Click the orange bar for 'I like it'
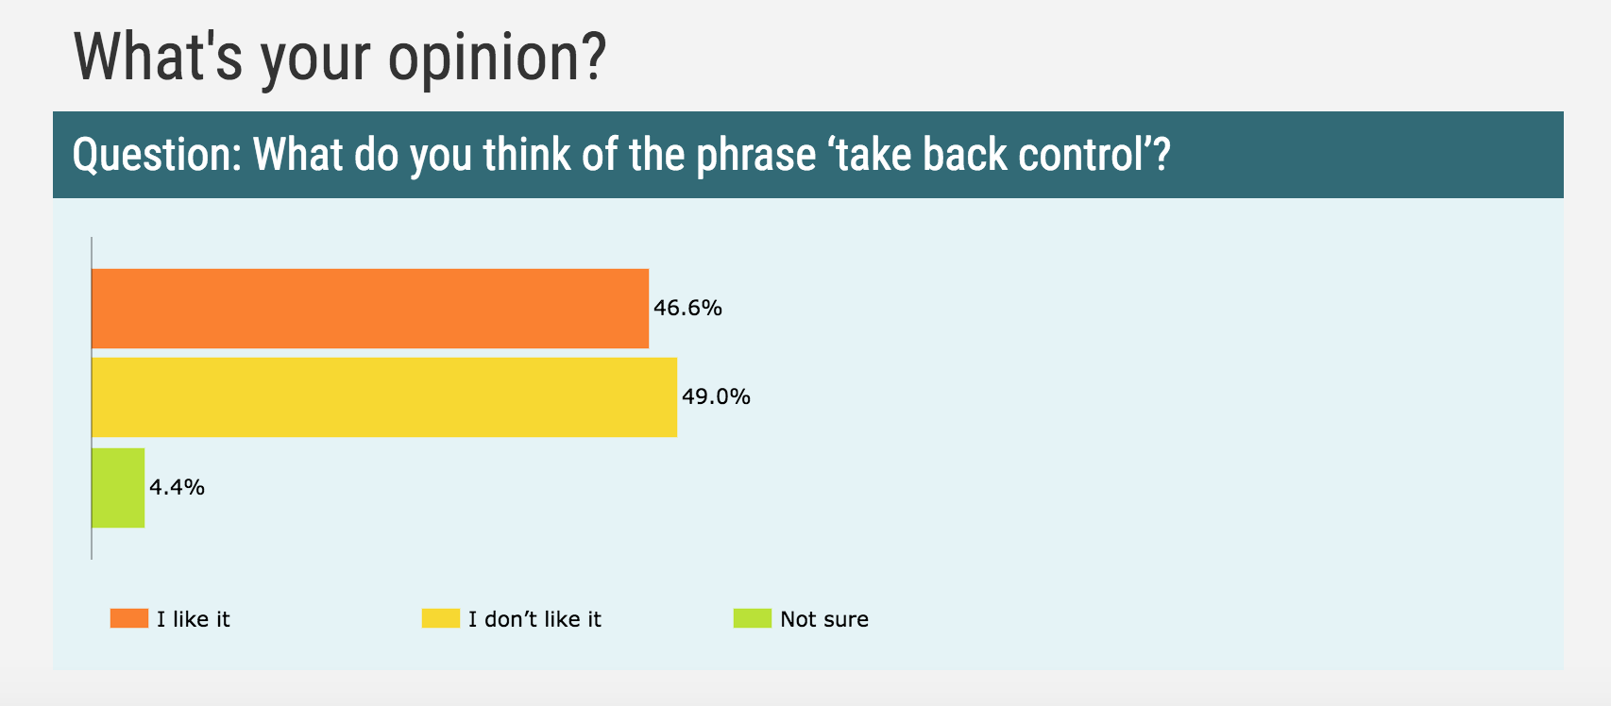coord(370,309)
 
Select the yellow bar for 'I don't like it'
coord(384,396)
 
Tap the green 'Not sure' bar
coord(119,488)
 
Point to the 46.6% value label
coord(687,309)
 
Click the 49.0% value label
coord(717,396)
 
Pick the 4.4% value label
coord(177,487)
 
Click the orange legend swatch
coord(129,618)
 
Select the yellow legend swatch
coord(441,618)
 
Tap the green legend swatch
coord(753,618)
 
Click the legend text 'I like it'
coord(194,619)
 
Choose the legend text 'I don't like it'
coord(535,619)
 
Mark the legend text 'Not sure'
coord(825,619)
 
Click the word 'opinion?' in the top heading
coord(498,59)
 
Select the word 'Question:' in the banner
coord(158,156)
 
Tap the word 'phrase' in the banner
coord(756,156)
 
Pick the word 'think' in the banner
coord(528,154)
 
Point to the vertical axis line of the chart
coord(92,398)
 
